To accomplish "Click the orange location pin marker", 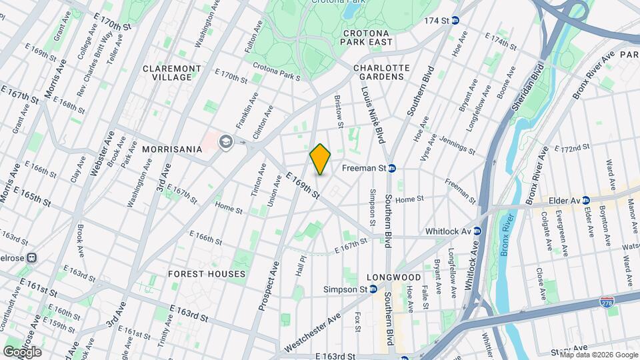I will [x=321, y=159].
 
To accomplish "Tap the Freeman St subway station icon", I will [x=393, y=169].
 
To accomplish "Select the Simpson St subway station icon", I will [x=373, y=289].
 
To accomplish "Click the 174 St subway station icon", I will [x=456, y=21].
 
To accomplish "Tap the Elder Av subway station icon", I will [x=585, y=199].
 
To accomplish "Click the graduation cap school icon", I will [x=226, y=141].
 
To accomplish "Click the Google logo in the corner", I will [x=22, y=351].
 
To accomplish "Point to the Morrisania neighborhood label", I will [x=171, y=149].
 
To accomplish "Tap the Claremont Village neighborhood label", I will [x=171, y=73].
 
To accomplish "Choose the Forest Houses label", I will [x=207, y=274].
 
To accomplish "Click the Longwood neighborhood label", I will [x=393, y=277].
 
